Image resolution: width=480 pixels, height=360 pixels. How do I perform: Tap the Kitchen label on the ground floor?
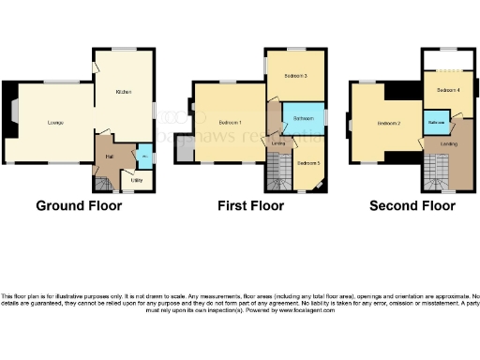pyautogui.click(x=123, y=92)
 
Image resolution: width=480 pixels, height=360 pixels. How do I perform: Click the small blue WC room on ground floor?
pyautogui.click(x=143, y=155)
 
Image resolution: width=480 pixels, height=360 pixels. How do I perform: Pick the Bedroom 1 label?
pyautogui.click(x=230, y=123)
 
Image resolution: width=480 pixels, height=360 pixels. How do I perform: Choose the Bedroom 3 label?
pyautogui.click(x=298, y=75)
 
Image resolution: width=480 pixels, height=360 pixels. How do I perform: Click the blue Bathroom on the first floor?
pyautogui.click(x=303, y=119)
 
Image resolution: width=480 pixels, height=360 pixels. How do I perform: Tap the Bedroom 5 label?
pyautogui.click(x=308, y=163)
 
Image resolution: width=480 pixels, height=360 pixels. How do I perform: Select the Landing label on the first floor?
pyautogui.click(x=278, y=143)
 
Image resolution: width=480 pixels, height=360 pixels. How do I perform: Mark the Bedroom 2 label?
pyautogui.click(x=389, y=124)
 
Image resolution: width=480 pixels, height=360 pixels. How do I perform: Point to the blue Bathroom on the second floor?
pyautogui.click(x=436, y=124)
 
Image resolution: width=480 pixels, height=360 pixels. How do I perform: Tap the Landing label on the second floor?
pyautogui.click(x=449, y=143)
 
